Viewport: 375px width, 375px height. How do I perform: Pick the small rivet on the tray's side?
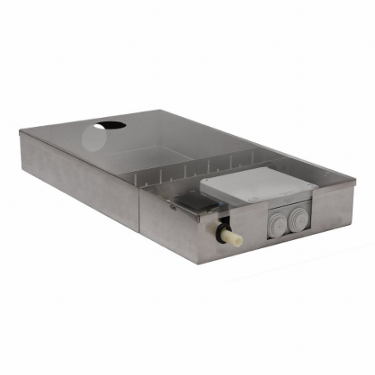point(172,207)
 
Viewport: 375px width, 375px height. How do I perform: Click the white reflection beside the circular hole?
point(92,139)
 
